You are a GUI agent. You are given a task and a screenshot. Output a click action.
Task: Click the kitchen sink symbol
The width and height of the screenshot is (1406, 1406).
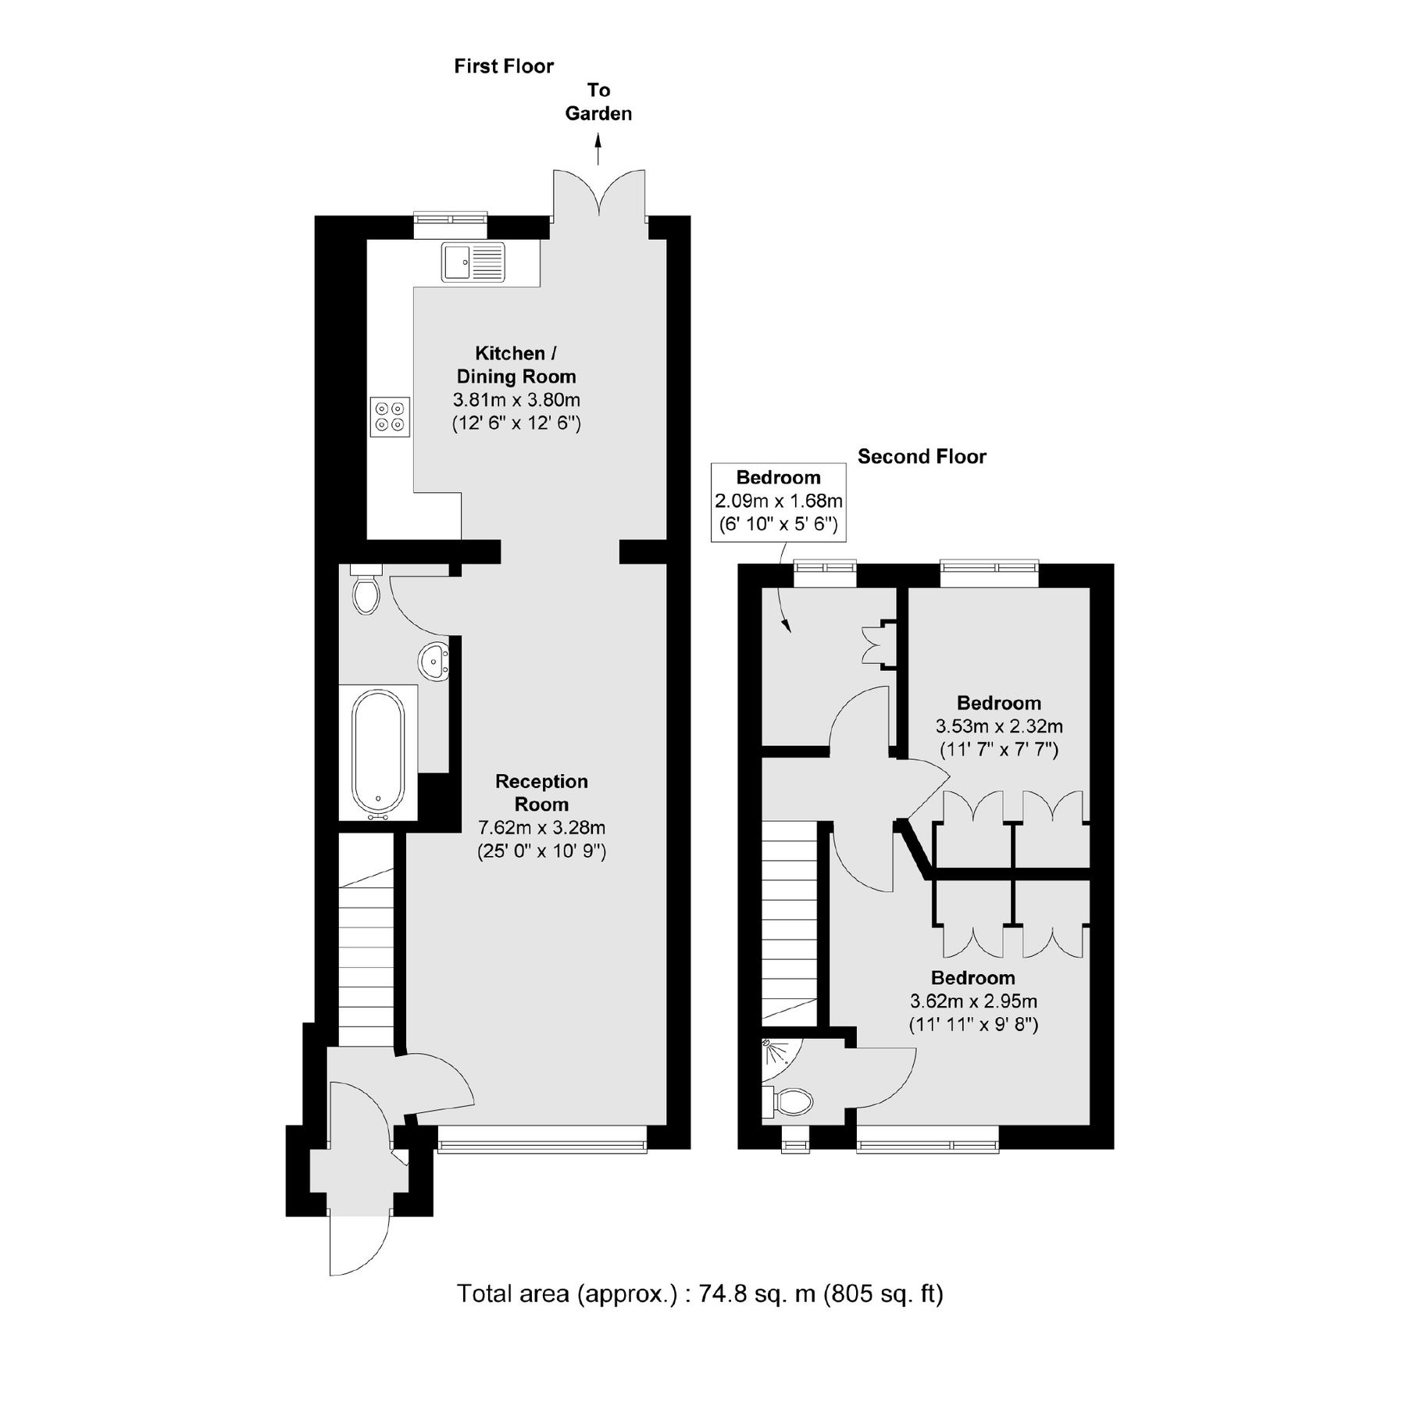[x=473, y=262]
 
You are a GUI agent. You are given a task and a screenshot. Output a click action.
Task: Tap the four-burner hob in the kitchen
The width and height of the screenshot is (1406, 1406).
[x=390, y=416]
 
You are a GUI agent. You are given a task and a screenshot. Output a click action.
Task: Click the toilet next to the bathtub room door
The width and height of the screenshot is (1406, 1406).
[x=366, y=592]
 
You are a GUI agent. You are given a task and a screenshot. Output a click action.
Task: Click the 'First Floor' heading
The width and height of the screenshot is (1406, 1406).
[x=504, y=66]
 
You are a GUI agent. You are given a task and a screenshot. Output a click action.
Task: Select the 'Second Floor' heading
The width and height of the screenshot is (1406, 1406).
[x=922, y=457]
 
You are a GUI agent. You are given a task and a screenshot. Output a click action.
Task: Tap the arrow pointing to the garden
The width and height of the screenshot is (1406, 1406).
[x=598, y=149]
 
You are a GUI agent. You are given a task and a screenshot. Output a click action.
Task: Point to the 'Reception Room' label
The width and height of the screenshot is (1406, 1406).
[x=541, y=792]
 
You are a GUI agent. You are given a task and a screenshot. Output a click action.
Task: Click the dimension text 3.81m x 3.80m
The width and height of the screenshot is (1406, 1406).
[x=516, y=401]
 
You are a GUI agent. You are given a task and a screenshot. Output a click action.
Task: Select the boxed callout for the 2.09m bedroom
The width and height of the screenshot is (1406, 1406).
[x=778, y=501]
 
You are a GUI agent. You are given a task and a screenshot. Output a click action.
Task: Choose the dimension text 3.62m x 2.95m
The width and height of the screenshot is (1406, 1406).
[x=973, y=1001]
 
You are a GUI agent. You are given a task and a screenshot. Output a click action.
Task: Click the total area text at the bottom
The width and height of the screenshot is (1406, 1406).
[x=700, y=1294]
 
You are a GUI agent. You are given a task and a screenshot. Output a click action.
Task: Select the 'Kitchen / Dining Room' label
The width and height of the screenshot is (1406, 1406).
[x=516, y=365]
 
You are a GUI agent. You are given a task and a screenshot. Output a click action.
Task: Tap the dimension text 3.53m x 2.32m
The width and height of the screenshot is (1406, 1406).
[x=999, y=726]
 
